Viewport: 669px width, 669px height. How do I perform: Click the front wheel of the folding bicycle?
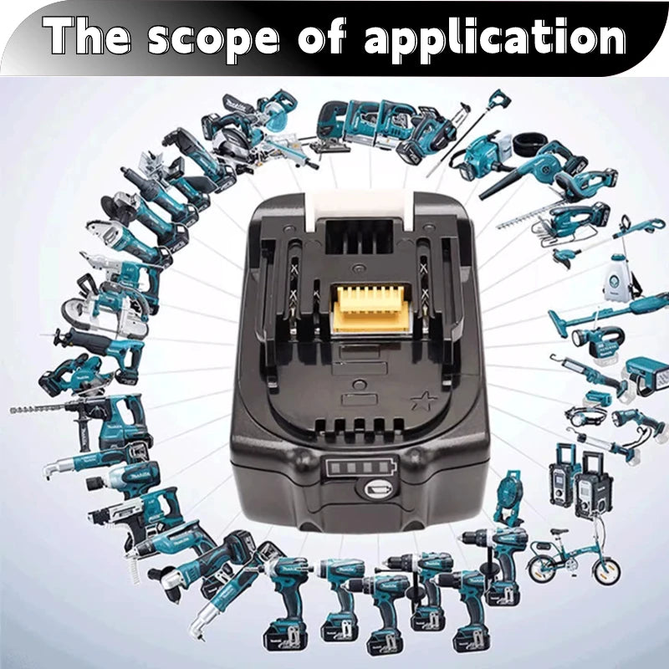click(605, 570)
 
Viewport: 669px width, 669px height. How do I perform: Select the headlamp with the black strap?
click(584, 415)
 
